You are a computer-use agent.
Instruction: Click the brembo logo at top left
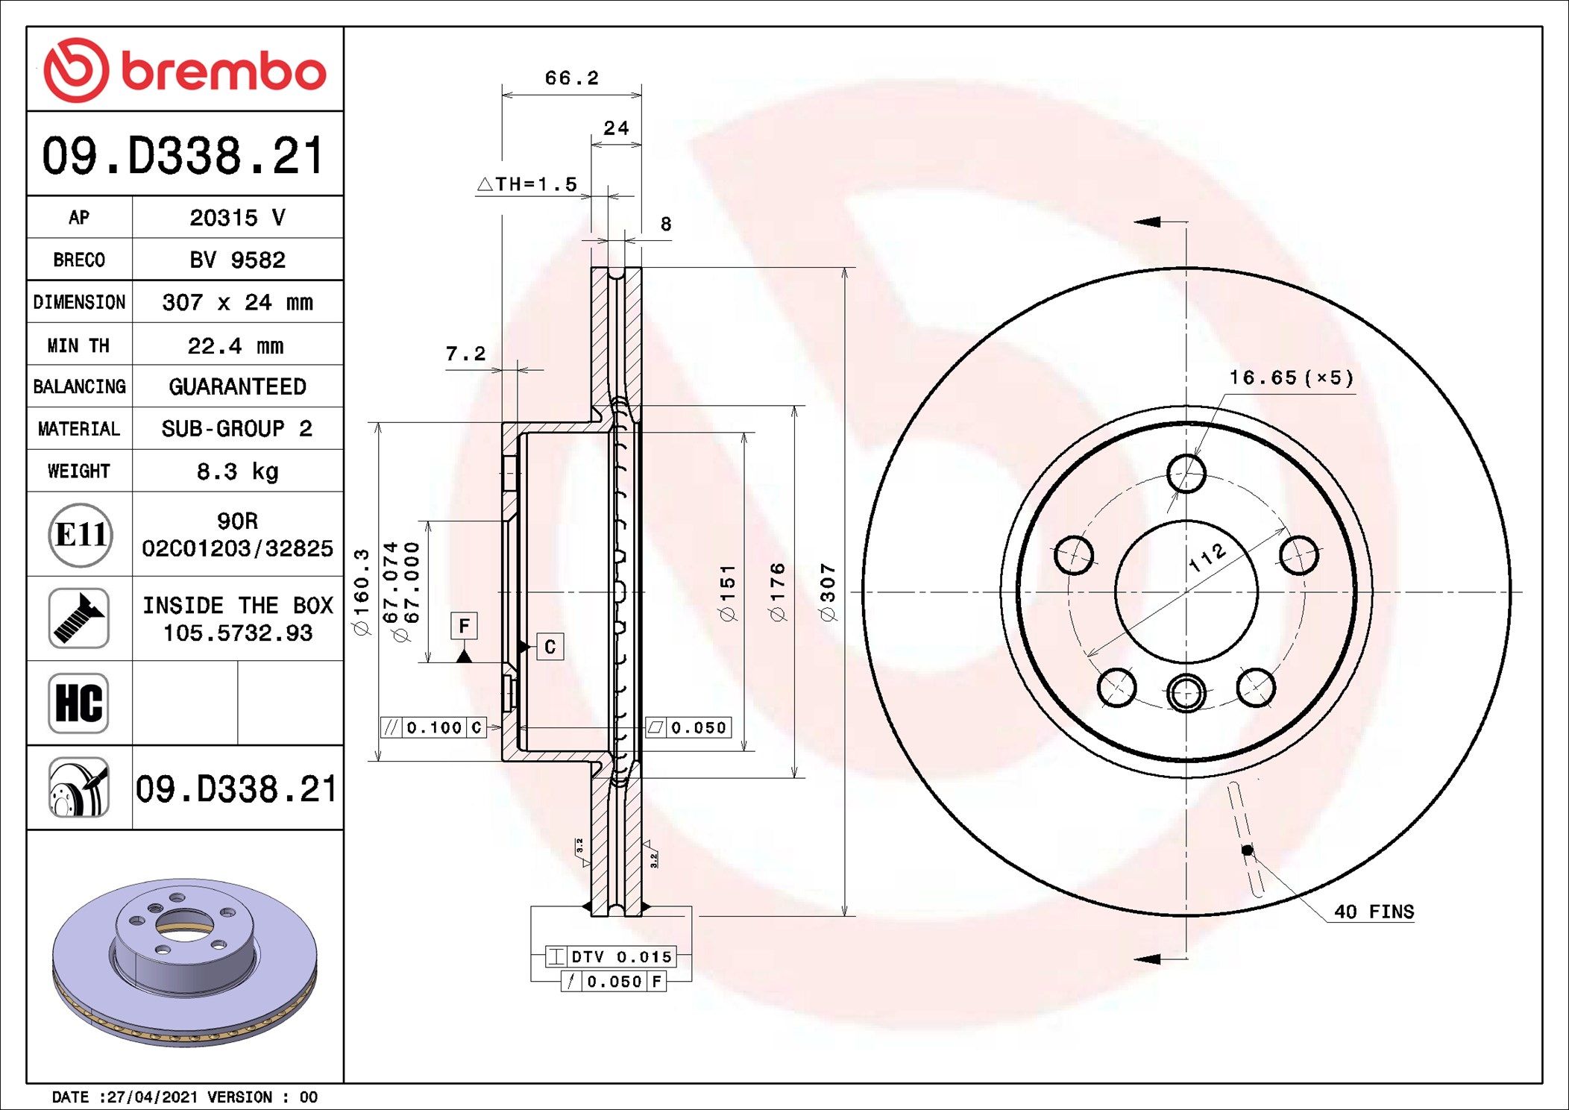click(184, 70)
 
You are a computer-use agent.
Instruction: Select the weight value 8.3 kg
click(237, 471)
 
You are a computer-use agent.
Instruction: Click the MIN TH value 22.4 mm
click(236, 345)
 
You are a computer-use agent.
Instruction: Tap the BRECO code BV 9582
click(237, 260)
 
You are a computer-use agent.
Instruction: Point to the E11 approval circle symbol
click(81, 534)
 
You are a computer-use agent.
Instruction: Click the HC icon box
click(78, 703)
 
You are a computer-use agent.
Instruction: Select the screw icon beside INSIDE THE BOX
click(78, 618)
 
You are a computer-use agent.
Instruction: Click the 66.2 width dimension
click(571, 78)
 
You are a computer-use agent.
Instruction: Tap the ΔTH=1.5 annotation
click(527, 184)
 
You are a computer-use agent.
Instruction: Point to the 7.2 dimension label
click(465, 354)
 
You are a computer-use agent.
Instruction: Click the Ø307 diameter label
click(828, 592)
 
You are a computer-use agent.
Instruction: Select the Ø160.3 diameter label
click(362, 592)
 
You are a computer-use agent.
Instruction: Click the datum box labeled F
click(464, 625)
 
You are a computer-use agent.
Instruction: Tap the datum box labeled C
click(550, 646)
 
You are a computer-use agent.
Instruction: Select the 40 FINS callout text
click(1374, 912)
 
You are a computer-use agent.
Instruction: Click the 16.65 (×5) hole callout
click(1291, 377)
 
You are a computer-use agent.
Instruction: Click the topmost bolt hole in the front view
click(1186, 473)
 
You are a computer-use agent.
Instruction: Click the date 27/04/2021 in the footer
click(152, 1097)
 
